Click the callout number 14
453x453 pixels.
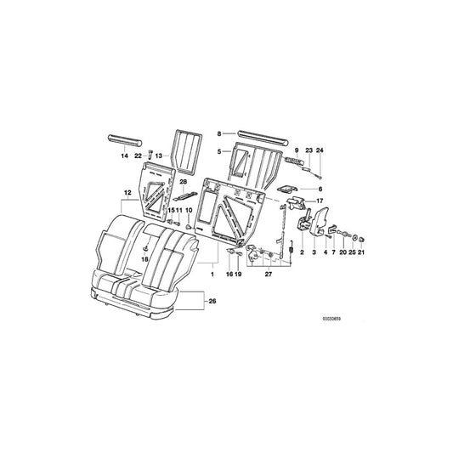click(124, 157)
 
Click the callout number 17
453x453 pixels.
click(321, 201)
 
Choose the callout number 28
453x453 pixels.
click(184, 182)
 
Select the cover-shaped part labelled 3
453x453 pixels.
click(316, 230)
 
